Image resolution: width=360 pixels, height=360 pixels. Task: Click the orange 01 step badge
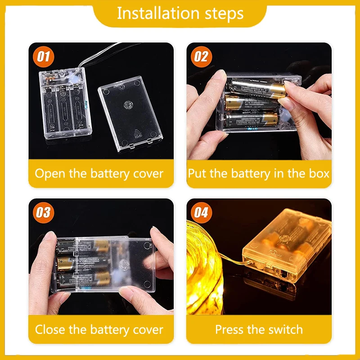coord(43,57)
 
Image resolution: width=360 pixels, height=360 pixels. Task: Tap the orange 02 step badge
coord(201,57)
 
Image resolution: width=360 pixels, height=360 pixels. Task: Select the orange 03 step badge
coord(43,213)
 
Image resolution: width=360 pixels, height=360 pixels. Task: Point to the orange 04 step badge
coord(201,213)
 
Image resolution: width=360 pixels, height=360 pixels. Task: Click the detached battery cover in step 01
coord(130,113)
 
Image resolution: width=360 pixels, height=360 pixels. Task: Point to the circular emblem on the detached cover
coord(128,105)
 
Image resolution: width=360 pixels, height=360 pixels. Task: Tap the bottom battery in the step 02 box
coord(251,119)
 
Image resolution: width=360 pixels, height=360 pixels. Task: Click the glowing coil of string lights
coord(205,268)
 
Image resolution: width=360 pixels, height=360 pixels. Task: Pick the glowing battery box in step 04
coord(287,246)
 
